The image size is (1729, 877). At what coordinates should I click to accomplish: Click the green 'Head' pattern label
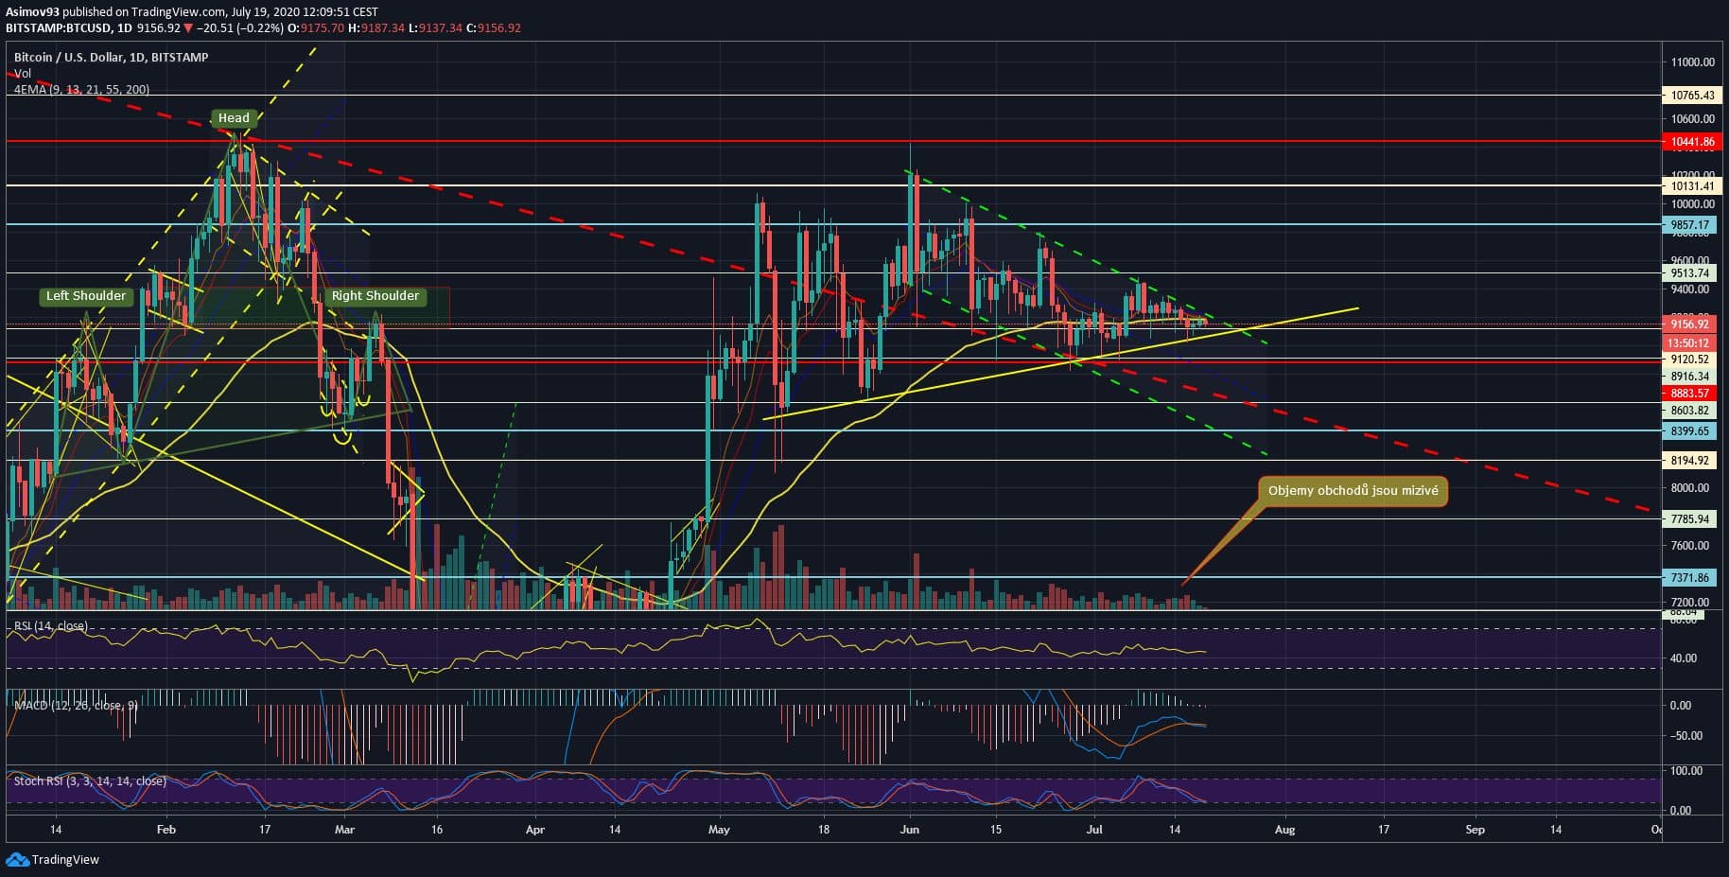tap(234, 118)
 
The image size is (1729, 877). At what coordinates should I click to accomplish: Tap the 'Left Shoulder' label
tap(85, 296)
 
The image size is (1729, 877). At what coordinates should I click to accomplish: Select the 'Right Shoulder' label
tap(375, 296)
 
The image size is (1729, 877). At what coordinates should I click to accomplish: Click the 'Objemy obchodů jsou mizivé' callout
tap(1353, 491)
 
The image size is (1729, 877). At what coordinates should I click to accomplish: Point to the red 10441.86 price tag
tap(1691, 142)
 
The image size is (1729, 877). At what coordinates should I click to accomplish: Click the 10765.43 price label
tap(1691, 96)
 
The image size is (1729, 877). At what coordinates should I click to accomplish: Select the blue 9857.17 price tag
tap(1689, 225)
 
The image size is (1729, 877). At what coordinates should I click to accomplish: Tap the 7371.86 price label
tap(1689, 577)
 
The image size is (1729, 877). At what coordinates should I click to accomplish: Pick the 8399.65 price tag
tap(1689, 430)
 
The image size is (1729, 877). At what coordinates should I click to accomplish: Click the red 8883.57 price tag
tap(1689, 394)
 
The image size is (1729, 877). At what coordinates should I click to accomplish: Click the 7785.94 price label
tap(1689, 519)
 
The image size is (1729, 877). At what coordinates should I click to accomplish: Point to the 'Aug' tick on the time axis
tap(1284, 830)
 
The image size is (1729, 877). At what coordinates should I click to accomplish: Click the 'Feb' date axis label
tap(166, 830)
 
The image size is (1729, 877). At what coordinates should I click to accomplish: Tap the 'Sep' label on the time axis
tap(1475, 830)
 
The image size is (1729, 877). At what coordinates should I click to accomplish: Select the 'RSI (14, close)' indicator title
tap(50, 626)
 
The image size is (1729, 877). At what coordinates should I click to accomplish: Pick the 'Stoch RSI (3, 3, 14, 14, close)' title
tap(90, 781)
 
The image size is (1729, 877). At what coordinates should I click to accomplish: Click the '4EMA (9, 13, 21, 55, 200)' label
tap(81, 90)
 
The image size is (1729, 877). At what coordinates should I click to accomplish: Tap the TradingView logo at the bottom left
tap(53, 860)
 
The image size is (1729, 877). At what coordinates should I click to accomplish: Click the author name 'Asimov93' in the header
tap(33, 12)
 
